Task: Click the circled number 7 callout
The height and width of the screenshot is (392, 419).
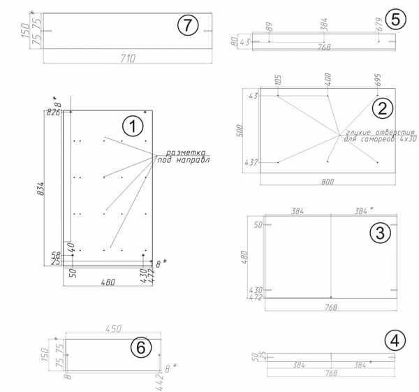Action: pos(186,26)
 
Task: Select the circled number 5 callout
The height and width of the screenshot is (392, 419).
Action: pos(395,19)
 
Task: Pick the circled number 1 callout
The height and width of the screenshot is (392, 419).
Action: pos(133,126)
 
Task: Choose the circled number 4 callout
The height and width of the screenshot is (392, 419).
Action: pos(395,341)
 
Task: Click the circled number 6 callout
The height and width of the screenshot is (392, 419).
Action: pos(142,347)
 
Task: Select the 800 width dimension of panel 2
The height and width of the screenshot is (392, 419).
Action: pos(328,181)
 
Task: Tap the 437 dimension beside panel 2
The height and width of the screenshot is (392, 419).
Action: pos(250,163)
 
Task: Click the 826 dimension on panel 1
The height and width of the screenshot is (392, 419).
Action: pos(53,112)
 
